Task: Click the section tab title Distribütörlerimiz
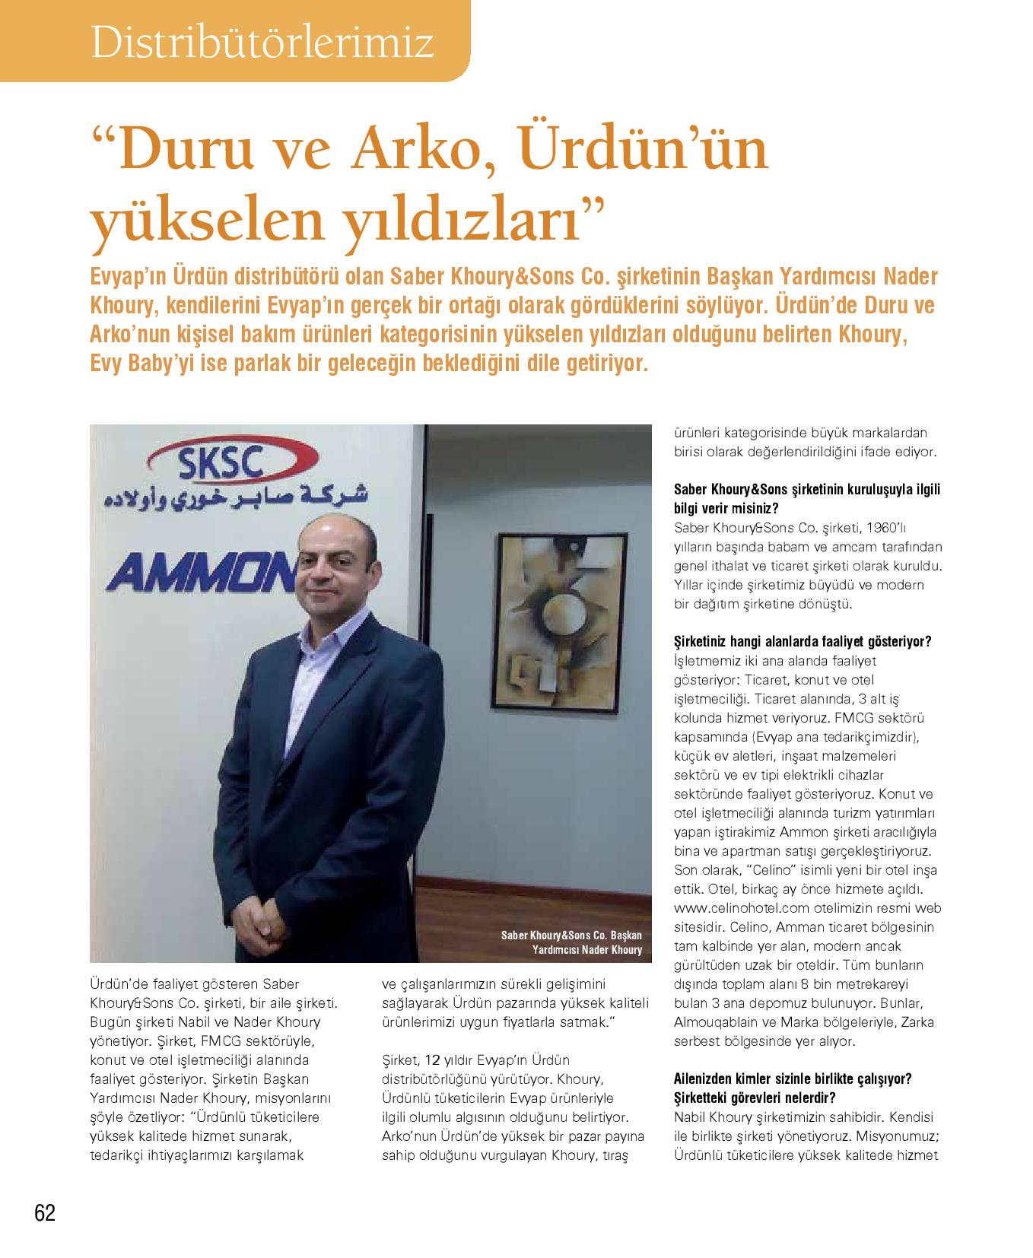(262, 43)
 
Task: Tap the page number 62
(45, 1212)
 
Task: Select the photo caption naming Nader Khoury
(571, 942)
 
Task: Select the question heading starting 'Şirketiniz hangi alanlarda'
(803, 641)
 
